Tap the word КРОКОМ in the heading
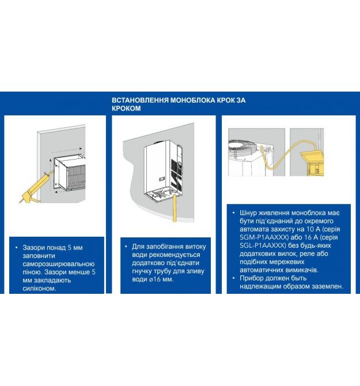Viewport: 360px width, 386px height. [126, 108]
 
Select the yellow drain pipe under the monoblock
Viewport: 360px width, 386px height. [175, 208]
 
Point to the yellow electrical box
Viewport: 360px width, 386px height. [312, 162]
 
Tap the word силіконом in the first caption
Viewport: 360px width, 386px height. [39, 289]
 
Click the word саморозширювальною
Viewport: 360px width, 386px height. [59, 264]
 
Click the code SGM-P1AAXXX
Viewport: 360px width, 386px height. [264, 237]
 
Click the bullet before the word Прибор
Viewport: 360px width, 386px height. [234, 278]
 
